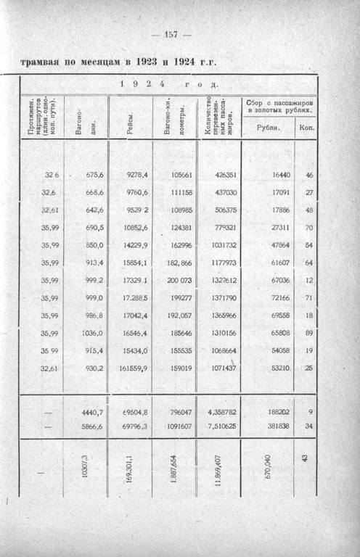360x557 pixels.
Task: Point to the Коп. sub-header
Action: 306,128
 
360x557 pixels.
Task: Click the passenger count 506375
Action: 221,210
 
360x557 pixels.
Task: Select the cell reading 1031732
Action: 221,245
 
